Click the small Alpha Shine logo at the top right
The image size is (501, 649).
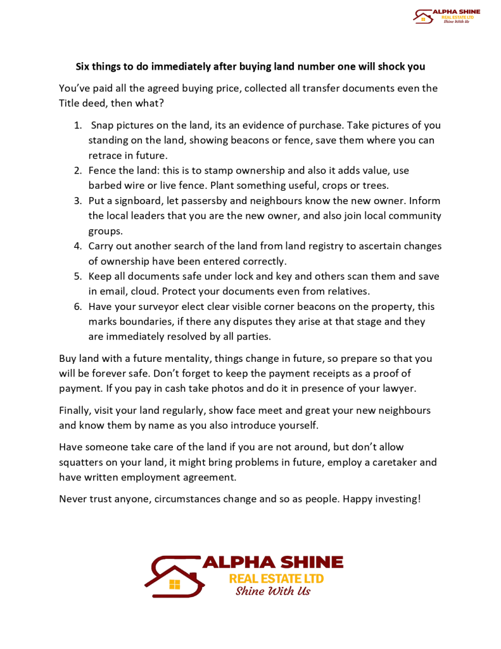446,16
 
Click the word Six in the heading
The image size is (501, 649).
84,67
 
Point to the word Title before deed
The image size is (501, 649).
71,103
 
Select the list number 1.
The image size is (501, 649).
77,125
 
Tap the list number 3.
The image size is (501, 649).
77,201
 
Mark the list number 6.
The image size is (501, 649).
77,307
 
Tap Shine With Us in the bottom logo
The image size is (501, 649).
272,591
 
